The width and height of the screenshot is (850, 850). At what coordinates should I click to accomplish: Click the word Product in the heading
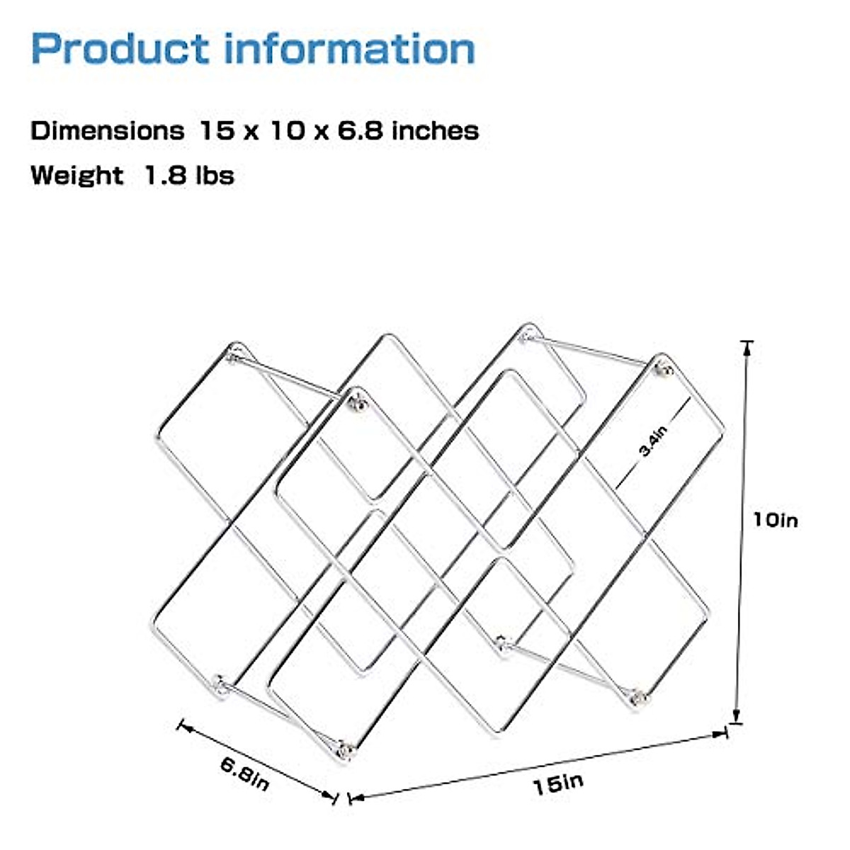(x=120, y=50)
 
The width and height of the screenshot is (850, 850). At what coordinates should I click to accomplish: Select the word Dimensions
(x=107, y=131)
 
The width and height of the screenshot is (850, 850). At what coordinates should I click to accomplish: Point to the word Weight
(x=76, y=175)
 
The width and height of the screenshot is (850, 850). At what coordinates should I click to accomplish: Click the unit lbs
(x=215, y=175)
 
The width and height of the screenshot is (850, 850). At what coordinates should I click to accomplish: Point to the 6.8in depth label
(x=244, y=774)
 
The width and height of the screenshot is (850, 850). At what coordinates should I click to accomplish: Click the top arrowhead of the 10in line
(x=746, y=345)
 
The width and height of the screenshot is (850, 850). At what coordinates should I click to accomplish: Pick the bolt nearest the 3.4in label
(x=664, y=368)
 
